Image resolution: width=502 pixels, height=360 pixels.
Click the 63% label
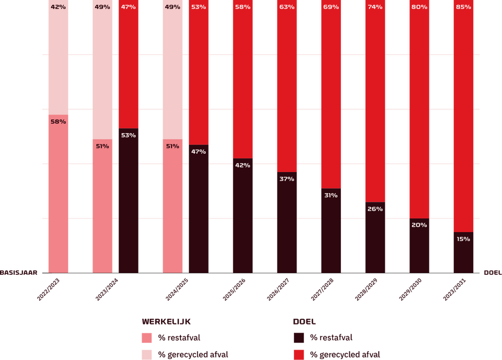point(287,7)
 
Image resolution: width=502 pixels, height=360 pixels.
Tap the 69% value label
point(331,7)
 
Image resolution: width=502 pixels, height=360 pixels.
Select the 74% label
point(375,7)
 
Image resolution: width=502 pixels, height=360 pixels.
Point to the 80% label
point(419,7)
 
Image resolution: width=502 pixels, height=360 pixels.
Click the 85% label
point(463,7)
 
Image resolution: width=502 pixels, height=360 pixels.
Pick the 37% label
point(287,179)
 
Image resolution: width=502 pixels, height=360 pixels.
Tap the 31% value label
point(331,195)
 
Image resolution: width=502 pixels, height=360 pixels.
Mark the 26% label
point(375,209)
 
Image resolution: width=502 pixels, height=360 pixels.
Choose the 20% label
point(419,225)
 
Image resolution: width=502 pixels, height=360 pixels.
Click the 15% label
point(463,239)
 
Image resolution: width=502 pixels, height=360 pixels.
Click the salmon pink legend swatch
point(147,338)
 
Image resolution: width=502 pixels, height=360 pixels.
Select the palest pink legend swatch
point(147,354)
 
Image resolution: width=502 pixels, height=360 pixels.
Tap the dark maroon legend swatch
point(299,338)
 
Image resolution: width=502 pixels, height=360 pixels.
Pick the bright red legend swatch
point(299,354)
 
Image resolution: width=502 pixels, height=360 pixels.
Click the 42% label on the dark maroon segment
point(243,166)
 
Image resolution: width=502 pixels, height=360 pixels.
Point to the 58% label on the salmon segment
point(58,122)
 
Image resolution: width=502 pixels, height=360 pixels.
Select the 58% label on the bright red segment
point(243,7)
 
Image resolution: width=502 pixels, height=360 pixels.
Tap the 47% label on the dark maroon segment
point(199,152)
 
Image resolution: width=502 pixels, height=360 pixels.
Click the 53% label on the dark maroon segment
point(128,135)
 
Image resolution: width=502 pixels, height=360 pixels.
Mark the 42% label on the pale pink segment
point(58,7)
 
